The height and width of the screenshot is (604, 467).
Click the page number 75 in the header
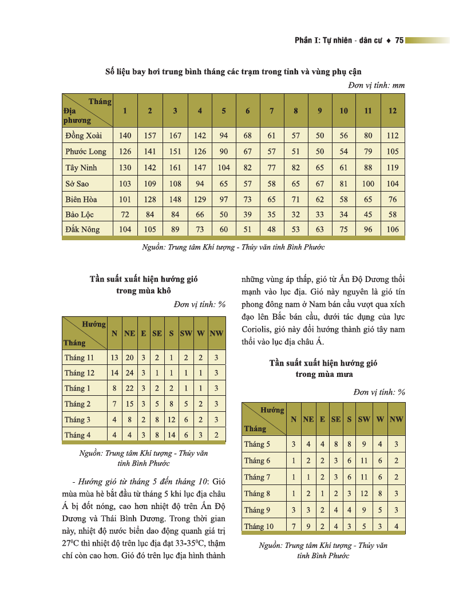pyautogui.click(x=399, y=40)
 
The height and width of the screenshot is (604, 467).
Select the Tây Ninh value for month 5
pyautogui.click(x=224, y=168)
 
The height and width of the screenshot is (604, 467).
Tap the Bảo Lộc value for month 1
pyautogui.click(x=125, y=214)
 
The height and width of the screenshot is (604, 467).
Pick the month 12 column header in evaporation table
pyautogui.click(x=392, y=110)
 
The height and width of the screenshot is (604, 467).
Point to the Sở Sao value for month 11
pyautogui.click(x=368, y=184)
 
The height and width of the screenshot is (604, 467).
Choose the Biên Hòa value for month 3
pyautogui.click(x=175, y=199)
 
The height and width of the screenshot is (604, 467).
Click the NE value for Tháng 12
pyautogui.click(x=129, y=373)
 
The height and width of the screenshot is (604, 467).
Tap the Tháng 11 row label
pyautogui.click(x=79, y=357)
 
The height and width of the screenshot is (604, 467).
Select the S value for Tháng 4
pyautogui.click(x=171, y=435)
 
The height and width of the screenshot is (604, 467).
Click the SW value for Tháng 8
pyautogui.click(x=364, y=493)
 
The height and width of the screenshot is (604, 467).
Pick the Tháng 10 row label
pyautogui.click(x=259, y=526)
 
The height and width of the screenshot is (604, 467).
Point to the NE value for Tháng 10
pyautogui.click(x=308, y=526)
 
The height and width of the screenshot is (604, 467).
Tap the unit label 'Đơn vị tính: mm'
pyautogui.click(x=376, y=85)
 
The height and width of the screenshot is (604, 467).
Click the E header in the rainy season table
pyautogui.click(x=323, y=419)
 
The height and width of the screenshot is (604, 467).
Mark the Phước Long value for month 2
pyautogui.click(x=150, y=152)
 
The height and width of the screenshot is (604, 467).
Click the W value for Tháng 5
pyautogui.click(x=380, y=444)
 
